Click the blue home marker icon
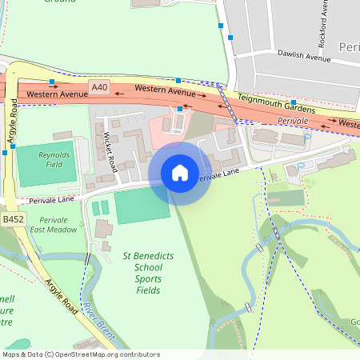click(180, 172)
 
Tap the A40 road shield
click(99, 86)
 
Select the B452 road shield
click(12, 219)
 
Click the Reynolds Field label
click(54, 158)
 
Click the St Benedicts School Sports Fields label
click(142, 273)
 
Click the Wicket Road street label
click(110, 153)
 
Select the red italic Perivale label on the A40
click(293, 119)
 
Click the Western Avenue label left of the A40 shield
click(56, 94)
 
